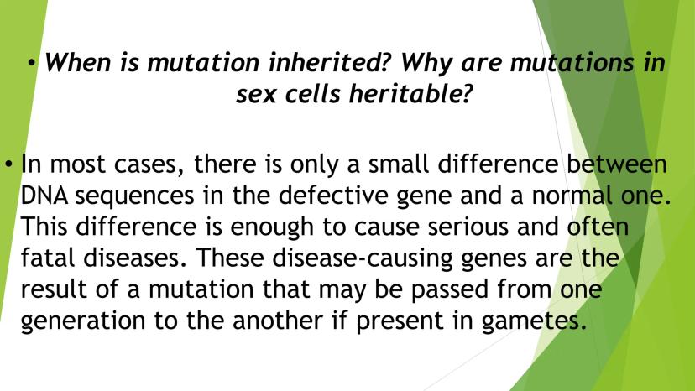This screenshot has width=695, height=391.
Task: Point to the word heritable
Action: tap(410, 94)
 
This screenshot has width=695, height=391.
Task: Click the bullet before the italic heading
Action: tap(31, 65)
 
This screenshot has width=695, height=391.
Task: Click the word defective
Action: tap(333, 195)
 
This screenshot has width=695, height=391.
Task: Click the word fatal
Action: tap(48, 258)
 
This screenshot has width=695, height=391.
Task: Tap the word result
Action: tap(54, 289)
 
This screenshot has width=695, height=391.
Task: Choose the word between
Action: tap(617, 164)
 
